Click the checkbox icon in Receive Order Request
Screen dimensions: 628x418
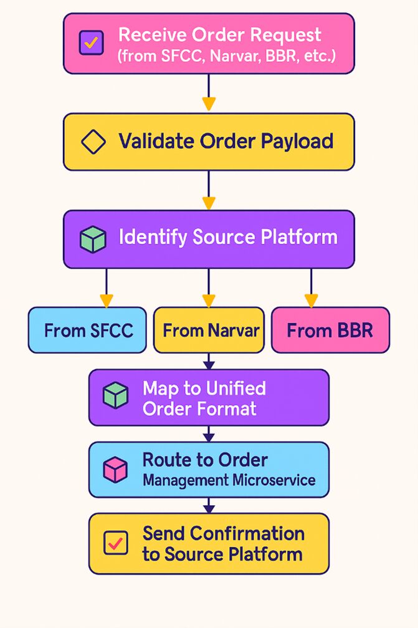91,43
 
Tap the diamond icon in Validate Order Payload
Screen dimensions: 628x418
94,142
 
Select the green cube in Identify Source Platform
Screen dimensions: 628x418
93,239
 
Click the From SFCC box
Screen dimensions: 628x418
88,330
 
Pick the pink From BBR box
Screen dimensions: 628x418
330,330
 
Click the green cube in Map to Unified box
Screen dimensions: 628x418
116,395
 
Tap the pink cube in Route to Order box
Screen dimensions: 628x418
115,469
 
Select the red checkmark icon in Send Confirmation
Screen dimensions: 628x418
116,543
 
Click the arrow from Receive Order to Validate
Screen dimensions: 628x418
209,94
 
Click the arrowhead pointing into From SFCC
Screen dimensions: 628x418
107,300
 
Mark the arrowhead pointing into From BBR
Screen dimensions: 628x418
311,300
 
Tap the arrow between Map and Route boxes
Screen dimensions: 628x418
209,434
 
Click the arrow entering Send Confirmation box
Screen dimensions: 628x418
209,506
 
